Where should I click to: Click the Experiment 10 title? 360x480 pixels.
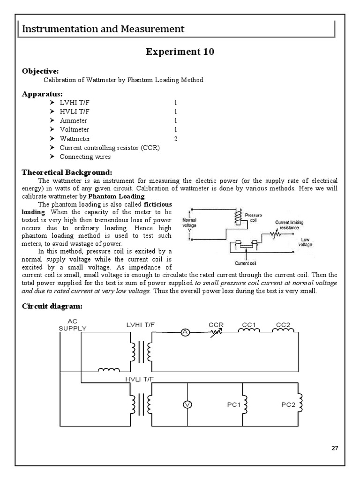click(180, 52)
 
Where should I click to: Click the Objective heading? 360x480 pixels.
click(41, 71)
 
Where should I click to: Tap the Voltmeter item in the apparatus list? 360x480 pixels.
click(75, 129)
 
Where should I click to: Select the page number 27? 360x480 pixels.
click(334, 448)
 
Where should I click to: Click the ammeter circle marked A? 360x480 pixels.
click(185, 332)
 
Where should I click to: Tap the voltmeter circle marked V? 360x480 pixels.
click(188, 405)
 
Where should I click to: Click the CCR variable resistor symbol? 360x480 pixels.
click(215, 332)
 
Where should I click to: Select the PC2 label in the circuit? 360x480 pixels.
click(288, 405)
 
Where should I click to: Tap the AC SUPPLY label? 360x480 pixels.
click(72, 324)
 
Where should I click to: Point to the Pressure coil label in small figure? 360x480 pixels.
click(253, 217)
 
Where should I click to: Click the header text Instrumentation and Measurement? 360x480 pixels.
click(104, 29)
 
